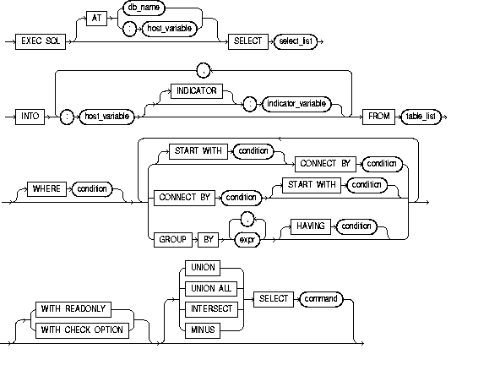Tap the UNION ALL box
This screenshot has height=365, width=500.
coord(207,288)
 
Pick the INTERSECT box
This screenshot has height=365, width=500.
coord(207,308)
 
